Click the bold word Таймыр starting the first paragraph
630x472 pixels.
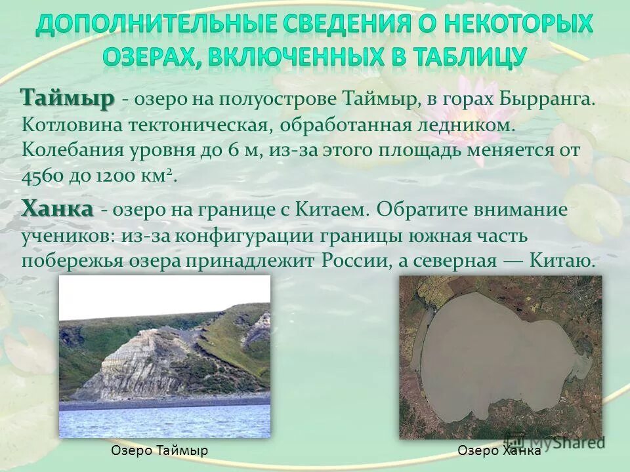tap(68, 100)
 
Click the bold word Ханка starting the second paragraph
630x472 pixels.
tap(57, 210)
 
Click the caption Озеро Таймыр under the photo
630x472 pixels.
tap(159, 450)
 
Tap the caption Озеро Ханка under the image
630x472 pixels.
tap(499, 450)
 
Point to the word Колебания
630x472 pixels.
tap(73, 150)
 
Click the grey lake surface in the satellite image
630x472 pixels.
tap(492, 361)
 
